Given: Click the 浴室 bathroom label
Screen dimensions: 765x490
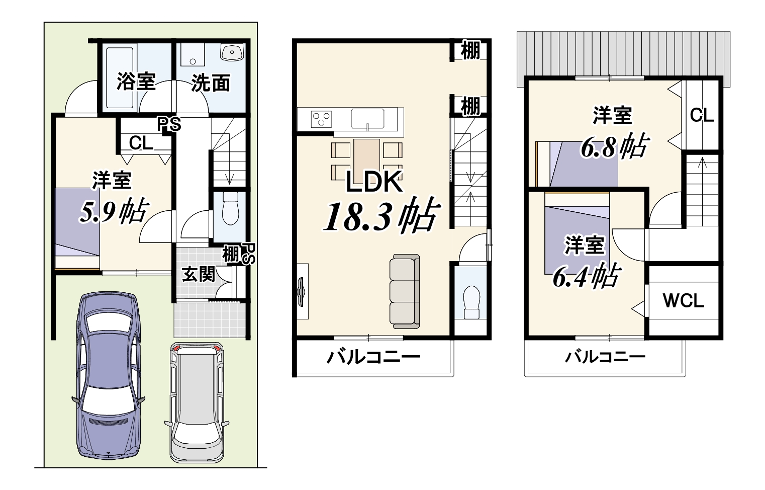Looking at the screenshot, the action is (x=136, y=81).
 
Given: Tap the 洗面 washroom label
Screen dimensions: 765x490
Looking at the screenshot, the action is (x=211, y=83).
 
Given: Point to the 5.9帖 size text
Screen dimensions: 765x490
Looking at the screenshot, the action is (x=114, y=211).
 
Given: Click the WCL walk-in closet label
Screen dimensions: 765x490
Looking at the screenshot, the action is (x=684, y=300).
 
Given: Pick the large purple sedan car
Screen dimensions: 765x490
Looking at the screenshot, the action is (x=108, y=376).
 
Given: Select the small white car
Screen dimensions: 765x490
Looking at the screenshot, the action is (x=197, y=402).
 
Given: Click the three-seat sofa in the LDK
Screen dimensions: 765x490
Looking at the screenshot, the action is (x=405, y=291).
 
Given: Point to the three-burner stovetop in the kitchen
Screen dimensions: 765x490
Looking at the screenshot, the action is (x=321, y=119).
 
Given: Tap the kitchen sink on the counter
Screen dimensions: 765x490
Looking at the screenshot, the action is (x=367, y=119).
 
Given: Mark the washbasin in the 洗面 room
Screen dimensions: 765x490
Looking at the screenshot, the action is (x=232, y=52).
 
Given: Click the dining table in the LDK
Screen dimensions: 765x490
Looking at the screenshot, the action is (x=367, y=160).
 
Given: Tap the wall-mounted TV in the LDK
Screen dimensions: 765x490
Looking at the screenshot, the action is (x=302, y=292).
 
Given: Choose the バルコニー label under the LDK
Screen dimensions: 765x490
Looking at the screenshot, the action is (x=373, y=357).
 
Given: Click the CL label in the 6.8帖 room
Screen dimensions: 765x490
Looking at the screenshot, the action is (x=702, y=115).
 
